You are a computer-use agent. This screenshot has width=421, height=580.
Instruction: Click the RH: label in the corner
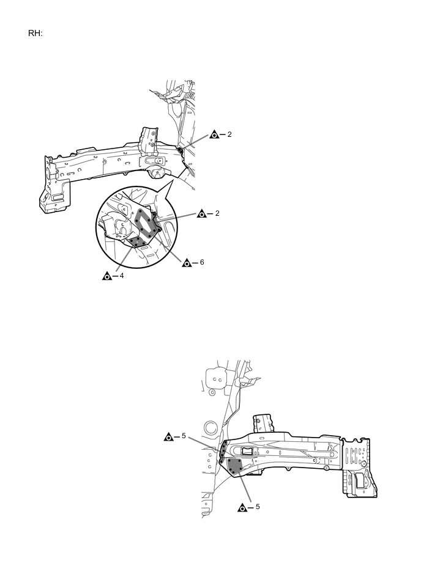tap(35, 33)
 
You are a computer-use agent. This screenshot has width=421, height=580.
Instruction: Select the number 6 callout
tap(202, 262)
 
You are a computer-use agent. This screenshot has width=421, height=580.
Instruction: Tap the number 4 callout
tap(122, 276)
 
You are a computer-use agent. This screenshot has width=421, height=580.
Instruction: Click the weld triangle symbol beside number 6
tap(187, 263)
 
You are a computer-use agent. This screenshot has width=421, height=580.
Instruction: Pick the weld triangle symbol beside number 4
tap(107, 276)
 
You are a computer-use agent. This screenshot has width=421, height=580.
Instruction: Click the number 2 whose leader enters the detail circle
tap(217, 213)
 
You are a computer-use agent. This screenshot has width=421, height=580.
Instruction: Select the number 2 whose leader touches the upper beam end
tap(229, 134)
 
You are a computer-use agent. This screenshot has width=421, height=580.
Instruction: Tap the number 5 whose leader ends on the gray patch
tap(258, 507)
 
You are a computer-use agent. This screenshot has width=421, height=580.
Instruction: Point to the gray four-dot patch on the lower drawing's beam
tap(234, 466)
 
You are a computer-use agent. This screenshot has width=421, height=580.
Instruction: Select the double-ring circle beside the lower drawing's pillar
tap(210, 427)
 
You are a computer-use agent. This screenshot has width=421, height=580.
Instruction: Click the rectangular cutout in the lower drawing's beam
tap(247, 451)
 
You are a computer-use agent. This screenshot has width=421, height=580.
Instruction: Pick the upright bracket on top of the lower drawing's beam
tap(264, 424)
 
